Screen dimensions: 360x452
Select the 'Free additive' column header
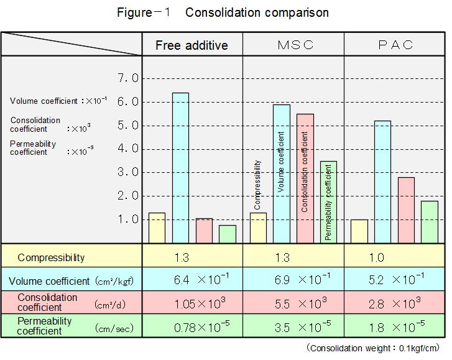click(191, 45)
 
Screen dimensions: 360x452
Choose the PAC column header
click(395, 45)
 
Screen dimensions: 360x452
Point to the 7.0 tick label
click(127, 78)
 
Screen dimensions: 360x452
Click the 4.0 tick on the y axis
click(127, 149)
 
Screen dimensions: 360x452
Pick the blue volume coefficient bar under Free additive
click(180, 167)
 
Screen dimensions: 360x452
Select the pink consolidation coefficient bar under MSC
click(305, 178)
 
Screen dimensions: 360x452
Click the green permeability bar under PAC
click(430, 221)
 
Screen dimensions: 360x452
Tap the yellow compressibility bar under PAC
click(359, 231)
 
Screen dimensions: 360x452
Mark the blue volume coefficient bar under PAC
click(383, 182)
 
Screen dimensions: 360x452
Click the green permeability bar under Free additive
click(228, 234)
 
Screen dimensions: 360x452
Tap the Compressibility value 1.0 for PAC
click(377, 257)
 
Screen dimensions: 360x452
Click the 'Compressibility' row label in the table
click(51, 257)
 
